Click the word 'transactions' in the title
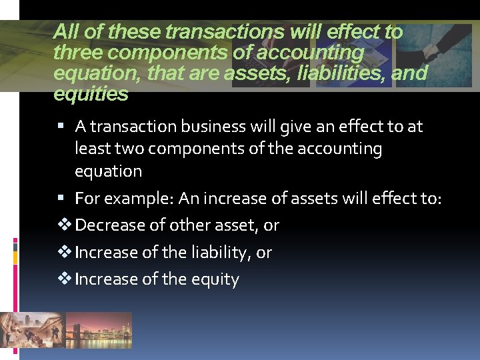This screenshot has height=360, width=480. [x=215, y=31]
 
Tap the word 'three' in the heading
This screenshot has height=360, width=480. [x=74, y=52]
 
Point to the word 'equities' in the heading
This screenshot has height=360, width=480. [x=91, y=94]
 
